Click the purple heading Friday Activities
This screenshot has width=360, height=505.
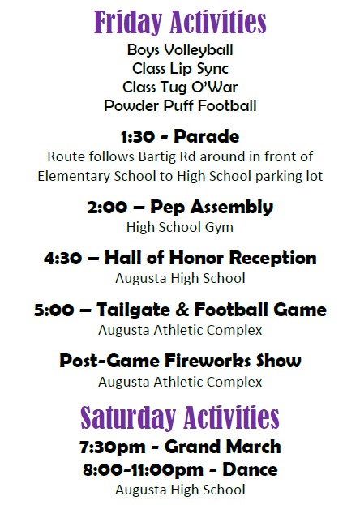(180, 22)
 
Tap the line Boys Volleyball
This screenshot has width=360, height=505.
(179, 50)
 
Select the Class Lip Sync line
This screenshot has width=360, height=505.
(180, 68)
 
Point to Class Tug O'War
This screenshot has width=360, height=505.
(180, 87)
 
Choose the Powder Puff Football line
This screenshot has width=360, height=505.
(180, 105)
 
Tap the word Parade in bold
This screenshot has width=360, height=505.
(207, 136)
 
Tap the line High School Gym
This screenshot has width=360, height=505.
(179, 227)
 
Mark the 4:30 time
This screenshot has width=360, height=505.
(62, 259)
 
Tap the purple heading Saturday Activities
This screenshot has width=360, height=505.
(180, 417)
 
